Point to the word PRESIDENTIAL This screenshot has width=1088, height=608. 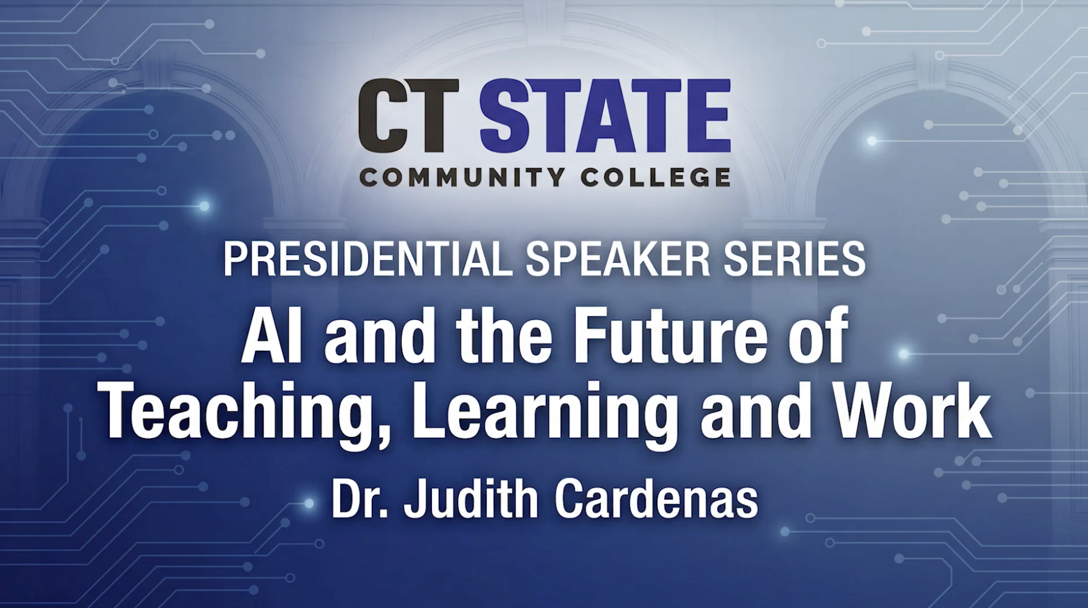(x=368, y=259)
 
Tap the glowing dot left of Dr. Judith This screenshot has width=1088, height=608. (x=309, y=503)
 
